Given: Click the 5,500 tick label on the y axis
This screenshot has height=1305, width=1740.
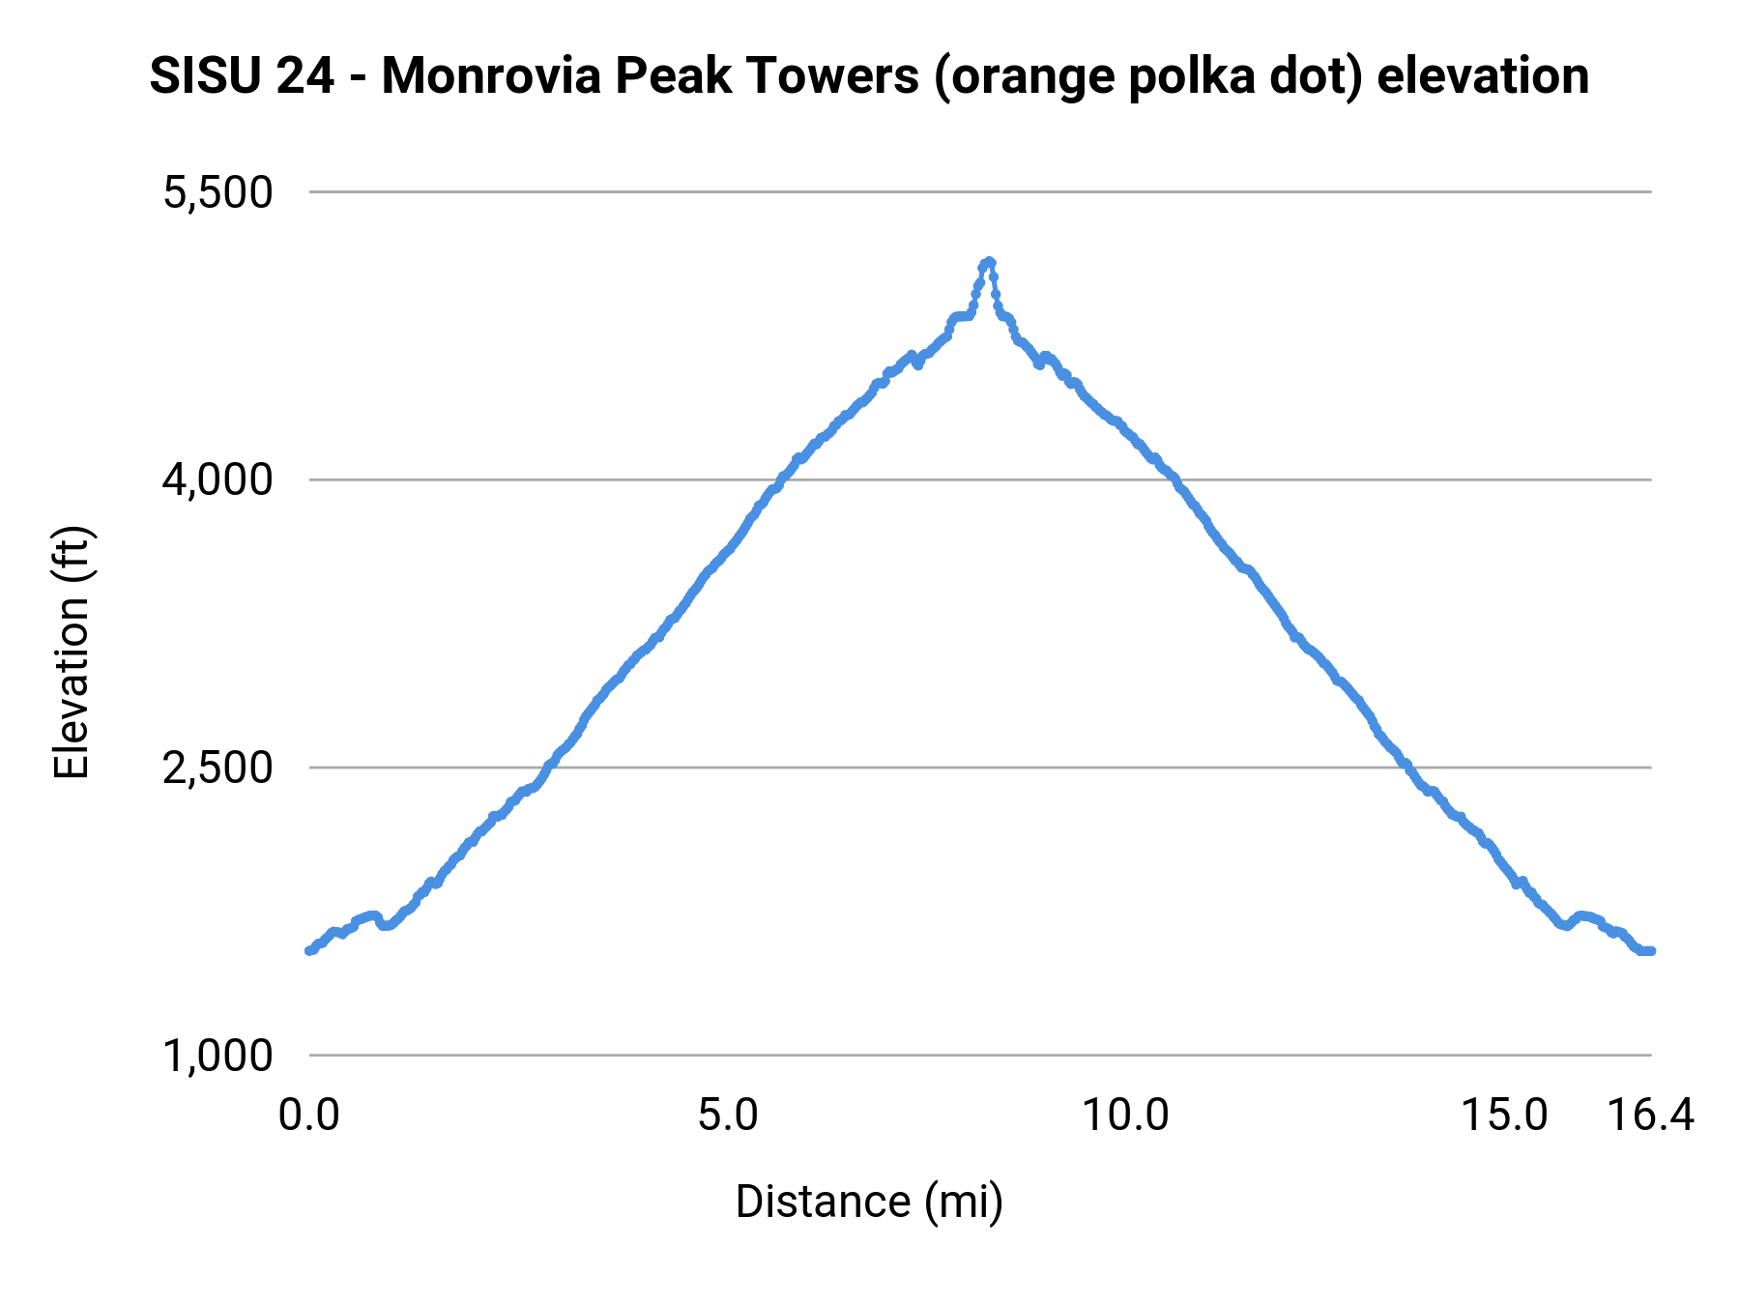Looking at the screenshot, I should tap(218, 192).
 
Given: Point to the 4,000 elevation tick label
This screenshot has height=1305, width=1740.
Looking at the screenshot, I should tap(218, 480).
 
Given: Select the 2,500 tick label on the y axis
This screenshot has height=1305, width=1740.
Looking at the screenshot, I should tap(218, 768).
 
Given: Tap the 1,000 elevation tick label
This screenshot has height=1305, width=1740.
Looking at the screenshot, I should tap(218, 1056).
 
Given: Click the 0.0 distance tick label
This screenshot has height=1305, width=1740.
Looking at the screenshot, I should tap(309, 1116).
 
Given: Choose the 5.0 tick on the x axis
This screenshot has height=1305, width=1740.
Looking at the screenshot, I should tap(728, 1116).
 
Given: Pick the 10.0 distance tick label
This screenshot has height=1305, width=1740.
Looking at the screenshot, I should tap(1124, 1116).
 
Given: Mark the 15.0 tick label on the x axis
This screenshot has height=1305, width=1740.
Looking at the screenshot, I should tap(1503, 1116).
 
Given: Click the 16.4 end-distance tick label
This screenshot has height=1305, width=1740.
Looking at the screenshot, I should tap(1650, 1116).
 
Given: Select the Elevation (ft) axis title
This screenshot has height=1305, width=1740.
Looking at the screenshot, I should tap(72, 652).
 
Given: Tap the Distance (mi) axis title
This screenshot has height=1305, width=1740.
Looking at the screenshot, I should tap(869, 1202).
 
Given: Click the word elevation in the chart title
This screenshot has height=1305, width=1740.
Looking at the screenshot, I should tap(1483, 76).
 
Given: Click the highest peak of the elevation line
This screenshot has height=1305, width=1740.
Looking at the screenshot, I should tap(988, 262).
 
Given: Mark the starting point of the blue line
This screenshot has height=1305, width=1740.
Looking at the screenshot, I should tap(309, 950).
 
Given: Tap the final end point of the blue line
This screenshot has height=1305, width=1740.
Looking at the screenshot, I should tap(1651, 951).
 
